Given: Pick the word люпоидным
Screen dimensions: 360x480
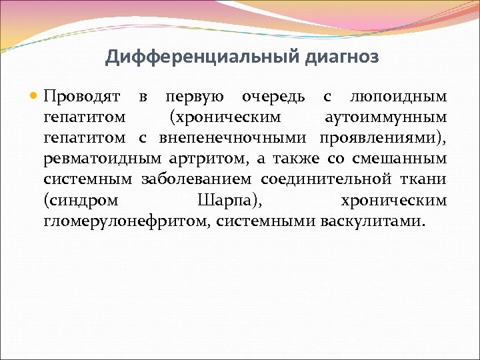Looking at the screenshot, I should click(399, 97).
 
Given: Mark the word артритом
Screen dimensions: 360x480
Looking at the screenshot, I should click(208, 159).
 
